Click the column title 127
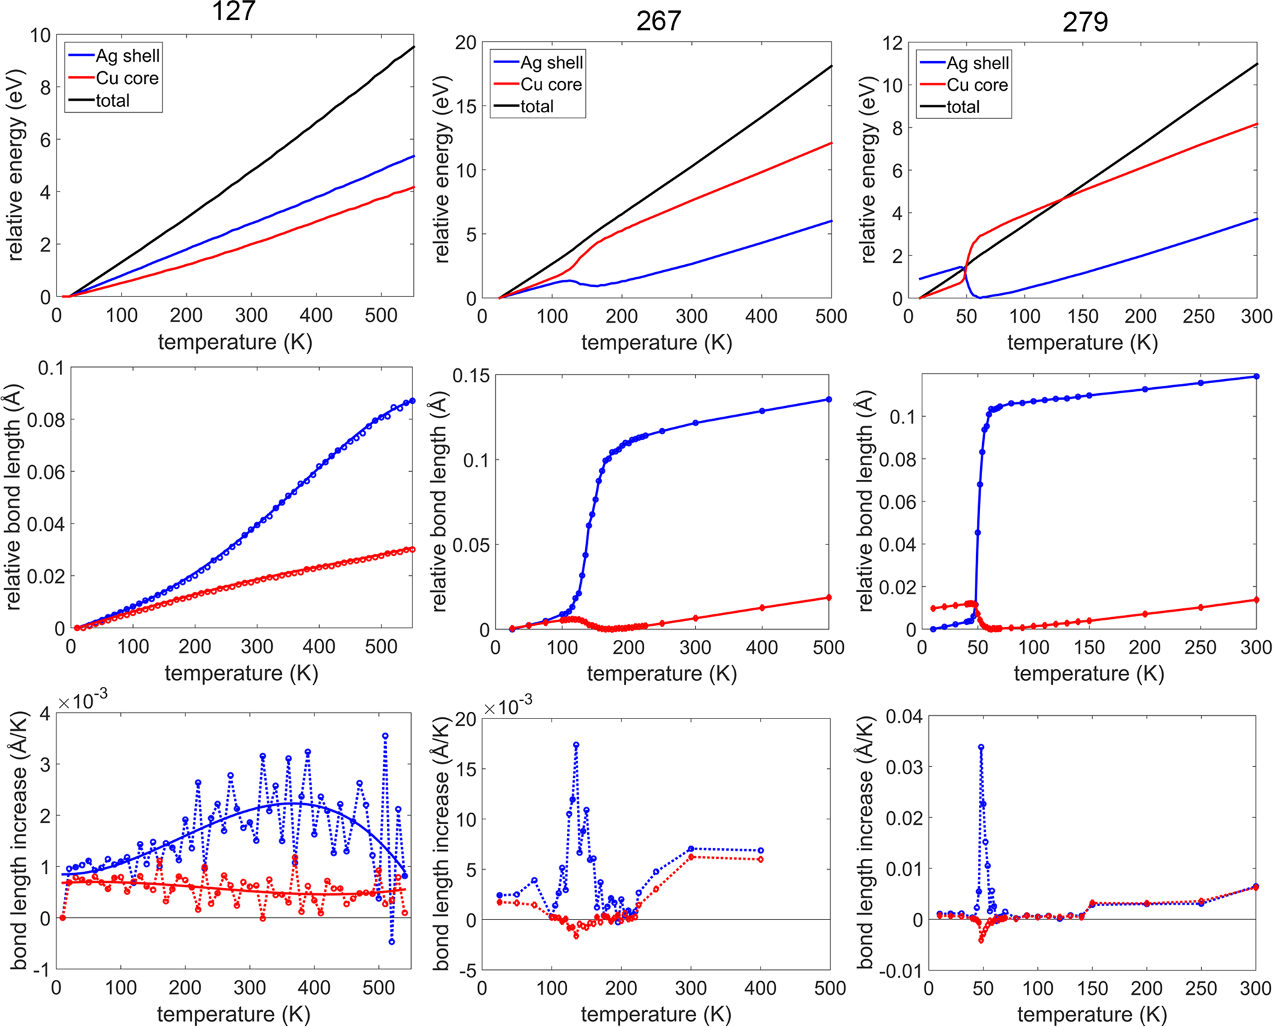[x=233, y=11]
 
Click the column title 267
[x=658, y=21]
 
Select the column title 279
[x=1084, y=22]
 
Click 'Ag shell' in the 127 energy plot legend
[x=127, y=56]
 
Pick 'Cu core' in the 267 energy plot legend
[x=551, y=85]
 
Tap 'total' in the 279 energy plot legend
[x=963, y=107]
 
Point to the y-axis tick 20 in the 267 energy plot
[x=466, y=43]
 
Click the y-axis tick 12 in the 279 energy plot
[x=892, y=43]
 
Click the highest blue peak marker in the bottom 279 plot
[x=981, y=747]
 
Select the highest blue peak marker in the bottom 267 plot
[x=576, y=745]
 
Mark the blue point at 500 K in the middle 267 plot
[x=828, y=400]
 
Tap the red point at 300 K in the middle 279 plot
[x=1256, y=600]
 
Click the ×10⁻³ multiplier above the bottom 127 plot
[x=83, y=702]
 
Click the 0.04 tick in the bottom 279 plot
[x=904, y=716]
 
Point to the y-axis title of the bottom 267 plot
[x=441, y=844]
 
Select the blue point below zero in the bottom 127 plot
[x=392, y=942]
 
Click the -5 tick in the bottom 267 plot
[x=467, y=971]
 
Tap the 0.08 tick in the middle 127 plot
[x=46, y=420]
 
